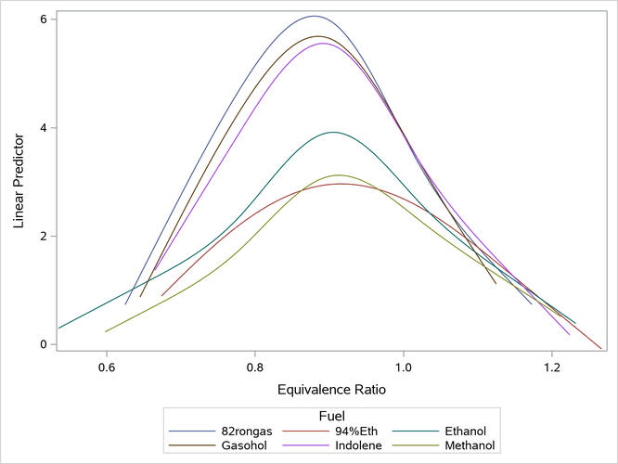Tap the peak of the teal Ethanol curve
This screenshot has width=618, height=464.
click(332, 132)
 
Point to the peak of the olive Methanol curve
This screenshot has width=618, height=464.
click(338, 175)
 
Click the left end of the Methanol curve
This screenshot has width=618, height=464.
click(106, 331)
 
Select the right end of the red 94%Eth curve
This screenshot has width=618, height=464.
click(601, 349)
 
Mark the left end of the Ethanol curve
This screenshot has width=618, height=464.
click(58, 328)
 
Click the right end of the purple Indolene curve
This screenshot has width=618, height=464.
click(570, 334)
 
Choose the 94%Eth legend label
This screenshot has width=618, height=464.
click(354, 431)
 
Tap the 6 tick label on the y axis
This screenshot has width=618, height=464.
click(43, 19)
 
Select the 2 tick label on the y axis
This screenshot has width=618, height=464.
click(43, 236)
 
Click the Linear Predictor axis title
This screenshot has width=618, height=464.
click(19, 174)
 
